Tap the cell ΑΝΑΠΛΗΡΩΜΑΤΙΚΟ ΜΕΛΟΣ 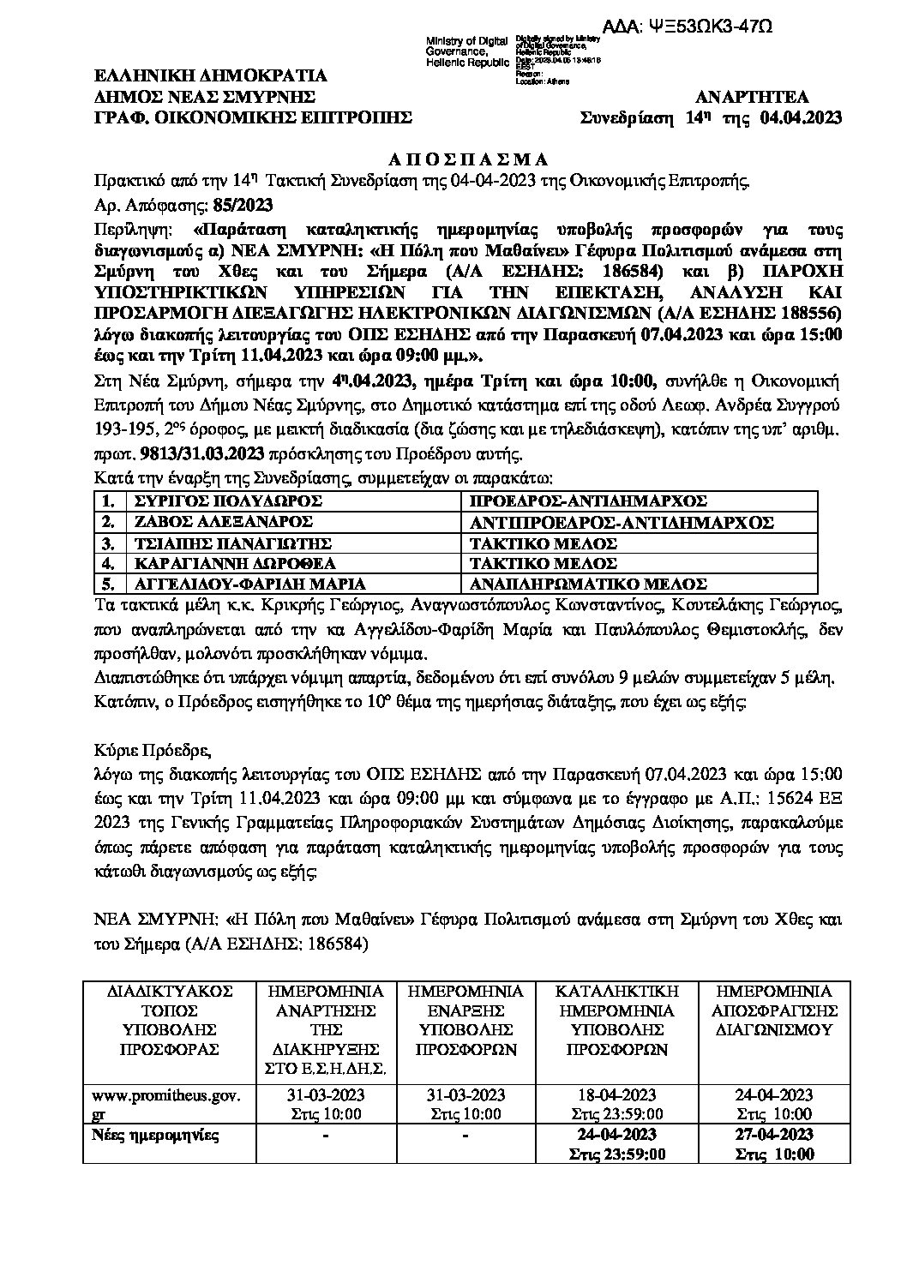pyautogui.click(x=589, y=584)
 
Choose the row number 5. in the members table pyautogui.click(x=107, y=584)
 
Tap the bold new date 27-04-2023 pyautogui.click(x=773, y=1136)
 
